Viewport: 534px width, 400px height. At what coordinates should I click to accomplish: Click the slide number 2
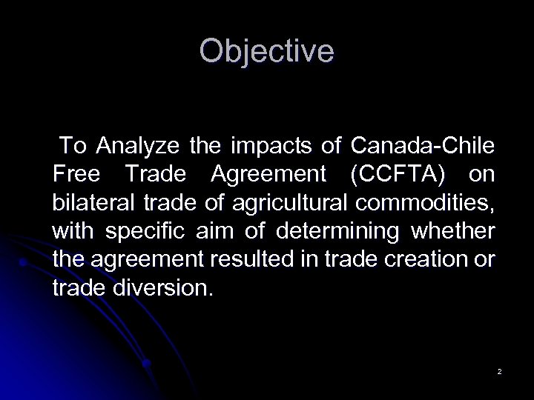pos(500,370)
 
